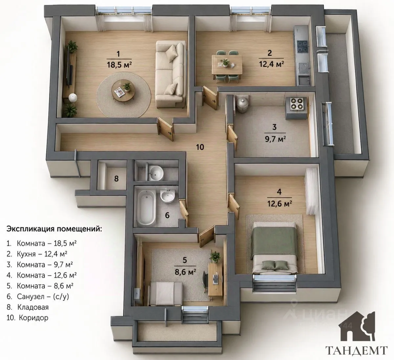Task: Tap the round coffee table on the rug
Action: tap(123, 93)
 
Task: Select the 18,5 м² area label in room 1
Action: tap(119, 65)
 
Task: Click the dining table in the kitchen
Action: tap(227, 65)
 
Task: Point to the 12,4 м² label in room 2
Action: tap(271, 64)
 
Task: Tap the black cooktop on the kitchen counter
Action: tap(302, 47)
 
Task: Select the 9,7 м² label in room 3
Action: tap(275, 139)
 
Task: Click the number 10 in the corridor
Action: tap(200, 147)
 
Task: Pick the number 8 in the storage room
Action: tap(116, 178)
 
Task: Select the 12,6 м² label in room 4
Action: tap(279, 203)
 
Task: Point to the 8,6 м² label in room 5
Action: tap(185, 272)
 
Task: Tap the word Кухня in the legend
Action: tap(26, 254)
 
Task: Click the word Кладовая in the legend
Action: tap(33, 307)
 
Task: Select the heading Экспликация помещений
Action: tap(55, 229)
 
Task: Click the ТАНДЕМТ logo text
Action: tap(357, 350)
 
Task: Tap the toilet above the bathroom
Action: tap(155, 173)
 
